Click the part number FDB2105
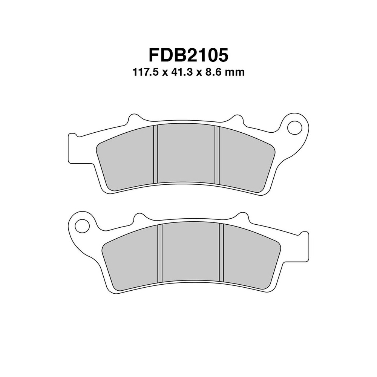188,55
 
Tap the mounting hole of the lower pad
81,226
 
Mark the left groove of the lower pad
160,253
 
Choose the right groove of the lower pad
222,253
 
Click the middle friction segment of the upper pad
186,155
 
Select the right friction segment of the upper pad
245,162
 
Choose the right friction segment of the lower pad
251,260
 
